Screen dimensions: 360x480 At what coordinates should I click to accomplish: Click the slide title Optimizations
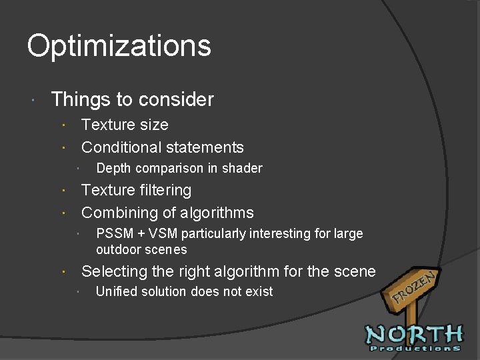tap(119, 47)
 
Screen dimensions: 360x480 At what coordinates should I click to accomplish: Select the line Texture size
tap(125, 125)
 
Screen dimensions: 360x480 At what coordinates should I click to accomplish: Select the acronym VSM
tap(163, 234)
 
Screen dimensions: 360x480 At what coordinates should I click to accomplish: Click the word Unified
tap(117, 291)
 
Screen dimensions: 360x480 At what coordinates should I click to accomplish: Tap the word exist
tap(259, 291)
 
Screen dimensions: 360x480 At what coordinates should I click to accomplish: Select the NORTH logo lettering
tap(413, 333)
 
